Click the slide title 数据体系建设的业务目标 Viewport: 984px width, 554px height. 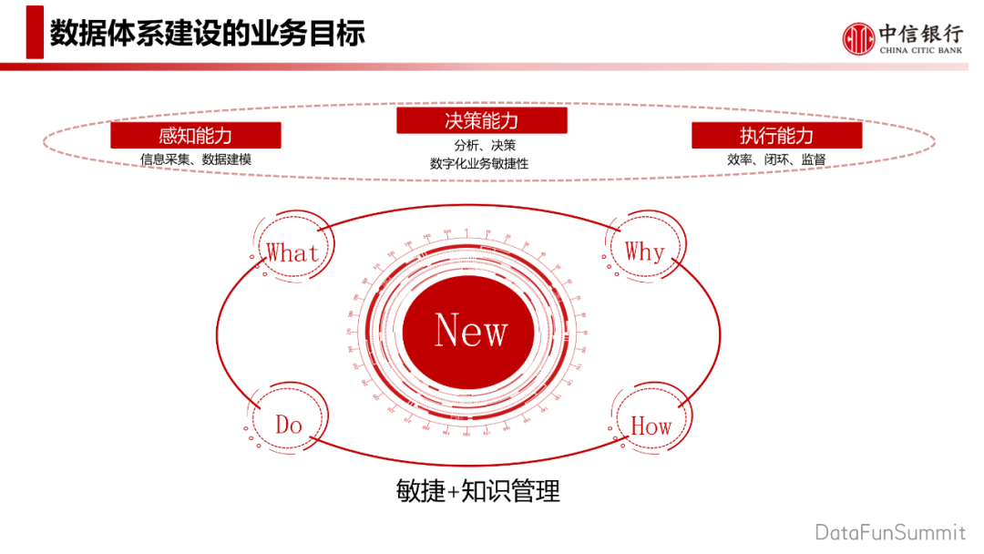[x=207, y=34]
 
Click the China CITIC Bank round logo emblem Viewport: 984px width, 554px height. [x=857, y=38]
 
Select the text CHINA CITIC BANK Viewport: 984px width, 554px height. [x=921, y=51]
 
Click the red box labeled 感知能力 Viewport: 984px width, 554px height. [x=195, y=136]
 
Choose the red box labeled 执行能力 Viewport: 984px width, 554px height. [x=776, y=136]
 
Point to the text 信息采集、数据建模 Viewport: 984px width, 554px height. [x=195, y=159]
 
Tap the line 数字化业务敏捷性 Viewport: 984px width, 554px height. [x=479, y=164]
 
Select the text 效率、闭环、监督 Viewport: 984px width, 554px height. [x=776, y=159]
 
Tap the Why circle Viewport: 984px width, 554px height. [x=644, y=251]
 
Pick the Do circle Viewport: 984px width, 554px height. [x=289, y=425]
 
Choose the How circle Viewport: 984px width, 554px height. [x=651, y=426]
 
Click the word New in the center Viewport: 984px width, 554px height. [x=471, y=330]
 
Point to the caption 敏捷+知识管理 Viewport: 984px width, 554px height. [x=478, y=492]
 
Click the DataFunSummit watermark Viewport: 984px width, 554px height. [x=890, y=531]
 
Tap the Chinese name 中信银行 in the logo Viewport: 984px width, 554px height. [x=921, y=34]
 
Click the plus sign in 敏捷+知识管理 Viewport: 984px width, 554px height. [x=454, y=493]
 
